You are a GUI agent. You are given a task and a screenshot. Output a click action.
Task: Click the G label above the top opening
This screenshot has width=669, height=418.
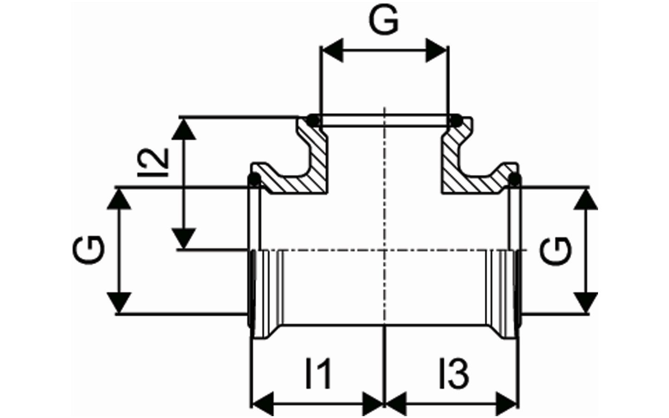[384, 20]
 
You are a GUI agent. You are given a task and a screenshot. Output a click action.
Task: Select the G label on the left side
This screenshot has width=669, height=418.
[89, 250]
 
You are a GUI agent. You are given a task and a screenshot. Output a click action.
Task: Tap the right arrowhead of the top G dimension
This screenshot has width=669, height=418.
[437, 49]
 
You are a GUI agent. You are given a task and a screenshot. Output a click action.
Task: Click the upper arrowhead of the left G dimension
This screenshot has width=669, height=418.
[120, 199]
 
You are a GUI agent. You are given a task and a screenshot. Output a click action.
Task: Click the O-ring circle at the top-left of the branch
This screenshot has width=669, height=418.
[314, 120]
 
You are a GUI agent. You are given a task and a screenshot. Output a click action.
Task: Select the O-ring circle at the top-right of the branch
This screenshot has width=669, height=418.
[456, 121]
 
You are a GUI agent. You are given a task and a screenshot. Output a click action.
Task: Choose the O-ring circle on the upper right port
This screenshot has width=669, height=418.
[514, 179]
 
